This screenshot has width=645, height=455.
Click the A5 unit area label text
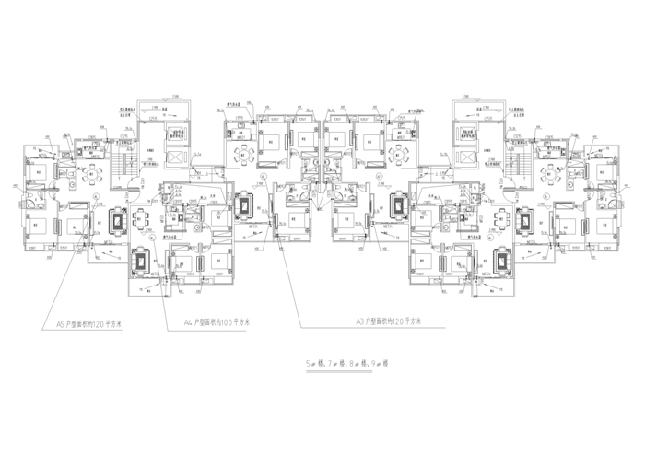click(89, 324)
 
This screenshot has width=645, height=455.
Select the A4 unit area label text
click(217, 324)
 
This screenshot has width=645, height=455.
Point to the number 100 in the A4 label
click(226, 324)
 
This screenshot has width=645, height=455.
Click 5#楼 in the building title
click(315, 363)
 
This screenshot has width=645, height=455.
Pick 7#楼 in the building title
click(334, 363)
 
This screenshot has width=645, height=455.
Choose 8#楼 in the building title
click(353, 363)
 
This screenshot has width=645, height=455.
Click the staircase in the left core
click(118, 170)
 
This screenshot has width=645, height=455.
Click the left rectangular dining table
click(140, 219)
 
